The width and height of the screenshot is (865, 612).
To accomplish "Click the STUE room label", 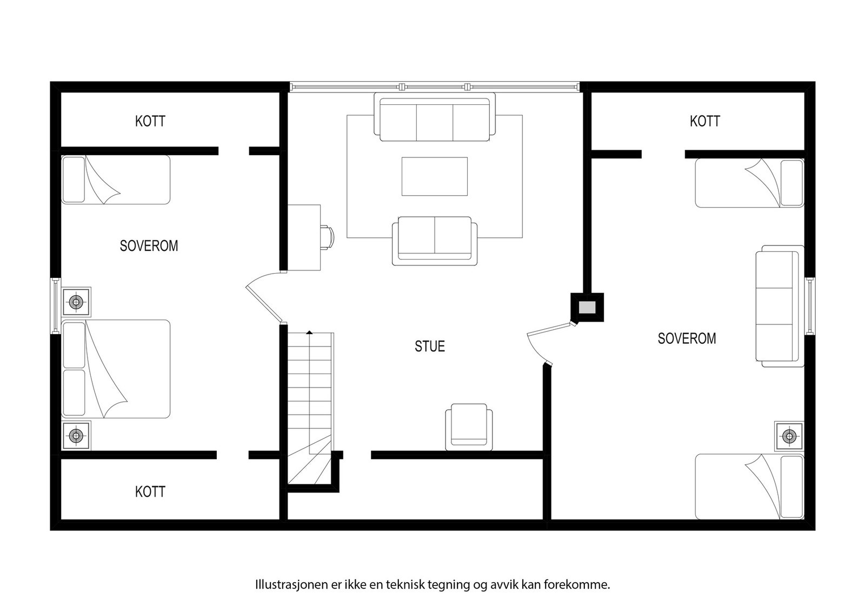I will (x=430, y=346).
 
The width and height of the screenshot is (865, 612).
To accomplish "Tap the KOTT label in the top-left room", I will (x=150, y=121).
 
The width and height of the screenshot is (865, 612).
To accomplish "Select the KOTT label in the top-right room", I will (x=704, y=121).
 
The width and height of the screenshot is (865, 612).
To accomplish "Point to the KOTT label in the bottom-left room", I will (x=150, y=492).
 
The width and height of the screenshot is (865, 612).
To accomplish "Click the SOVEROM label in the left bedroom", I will (x=149, y=246).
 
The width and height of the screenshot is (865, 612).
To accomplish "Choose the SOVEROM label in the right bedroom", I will (x=687, y=338).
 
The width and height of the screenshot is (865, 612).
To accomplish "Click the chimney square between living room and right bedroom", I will (x=587, y=308).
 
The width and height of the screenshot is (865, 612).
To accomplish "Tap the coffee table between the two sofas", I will (x=434, y=176).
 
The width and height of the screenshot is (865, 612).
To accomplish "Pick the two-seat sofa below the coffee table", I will (x=435, y=241).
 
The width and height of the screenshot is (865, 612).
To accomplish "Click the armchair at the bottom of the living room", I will (x=469, y=427).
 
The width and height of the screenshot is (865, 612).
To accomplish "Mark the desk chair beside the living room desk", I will (x=327, y=237).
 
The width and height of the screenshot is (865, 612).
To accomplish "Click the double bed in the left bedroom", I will (x=116, y=369).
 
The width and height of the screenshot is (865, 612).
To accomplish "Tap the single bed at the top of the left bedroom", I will (x=116, y=179).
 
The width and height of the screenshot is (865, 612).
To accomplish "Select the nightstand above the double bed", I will (x=76, y=302).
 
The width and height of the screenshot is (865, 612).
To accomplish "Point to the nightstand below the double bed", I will (x=76, y=435).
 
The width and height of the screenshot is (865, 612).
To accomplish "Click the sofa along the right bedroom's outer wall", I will (x=780, y=306).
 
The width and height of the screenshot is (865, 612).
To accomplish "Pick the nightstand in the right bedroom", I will (x=789, y=436).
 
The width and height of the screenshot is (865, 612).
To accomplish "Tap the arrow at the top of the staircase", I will (x=309, y=332).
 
